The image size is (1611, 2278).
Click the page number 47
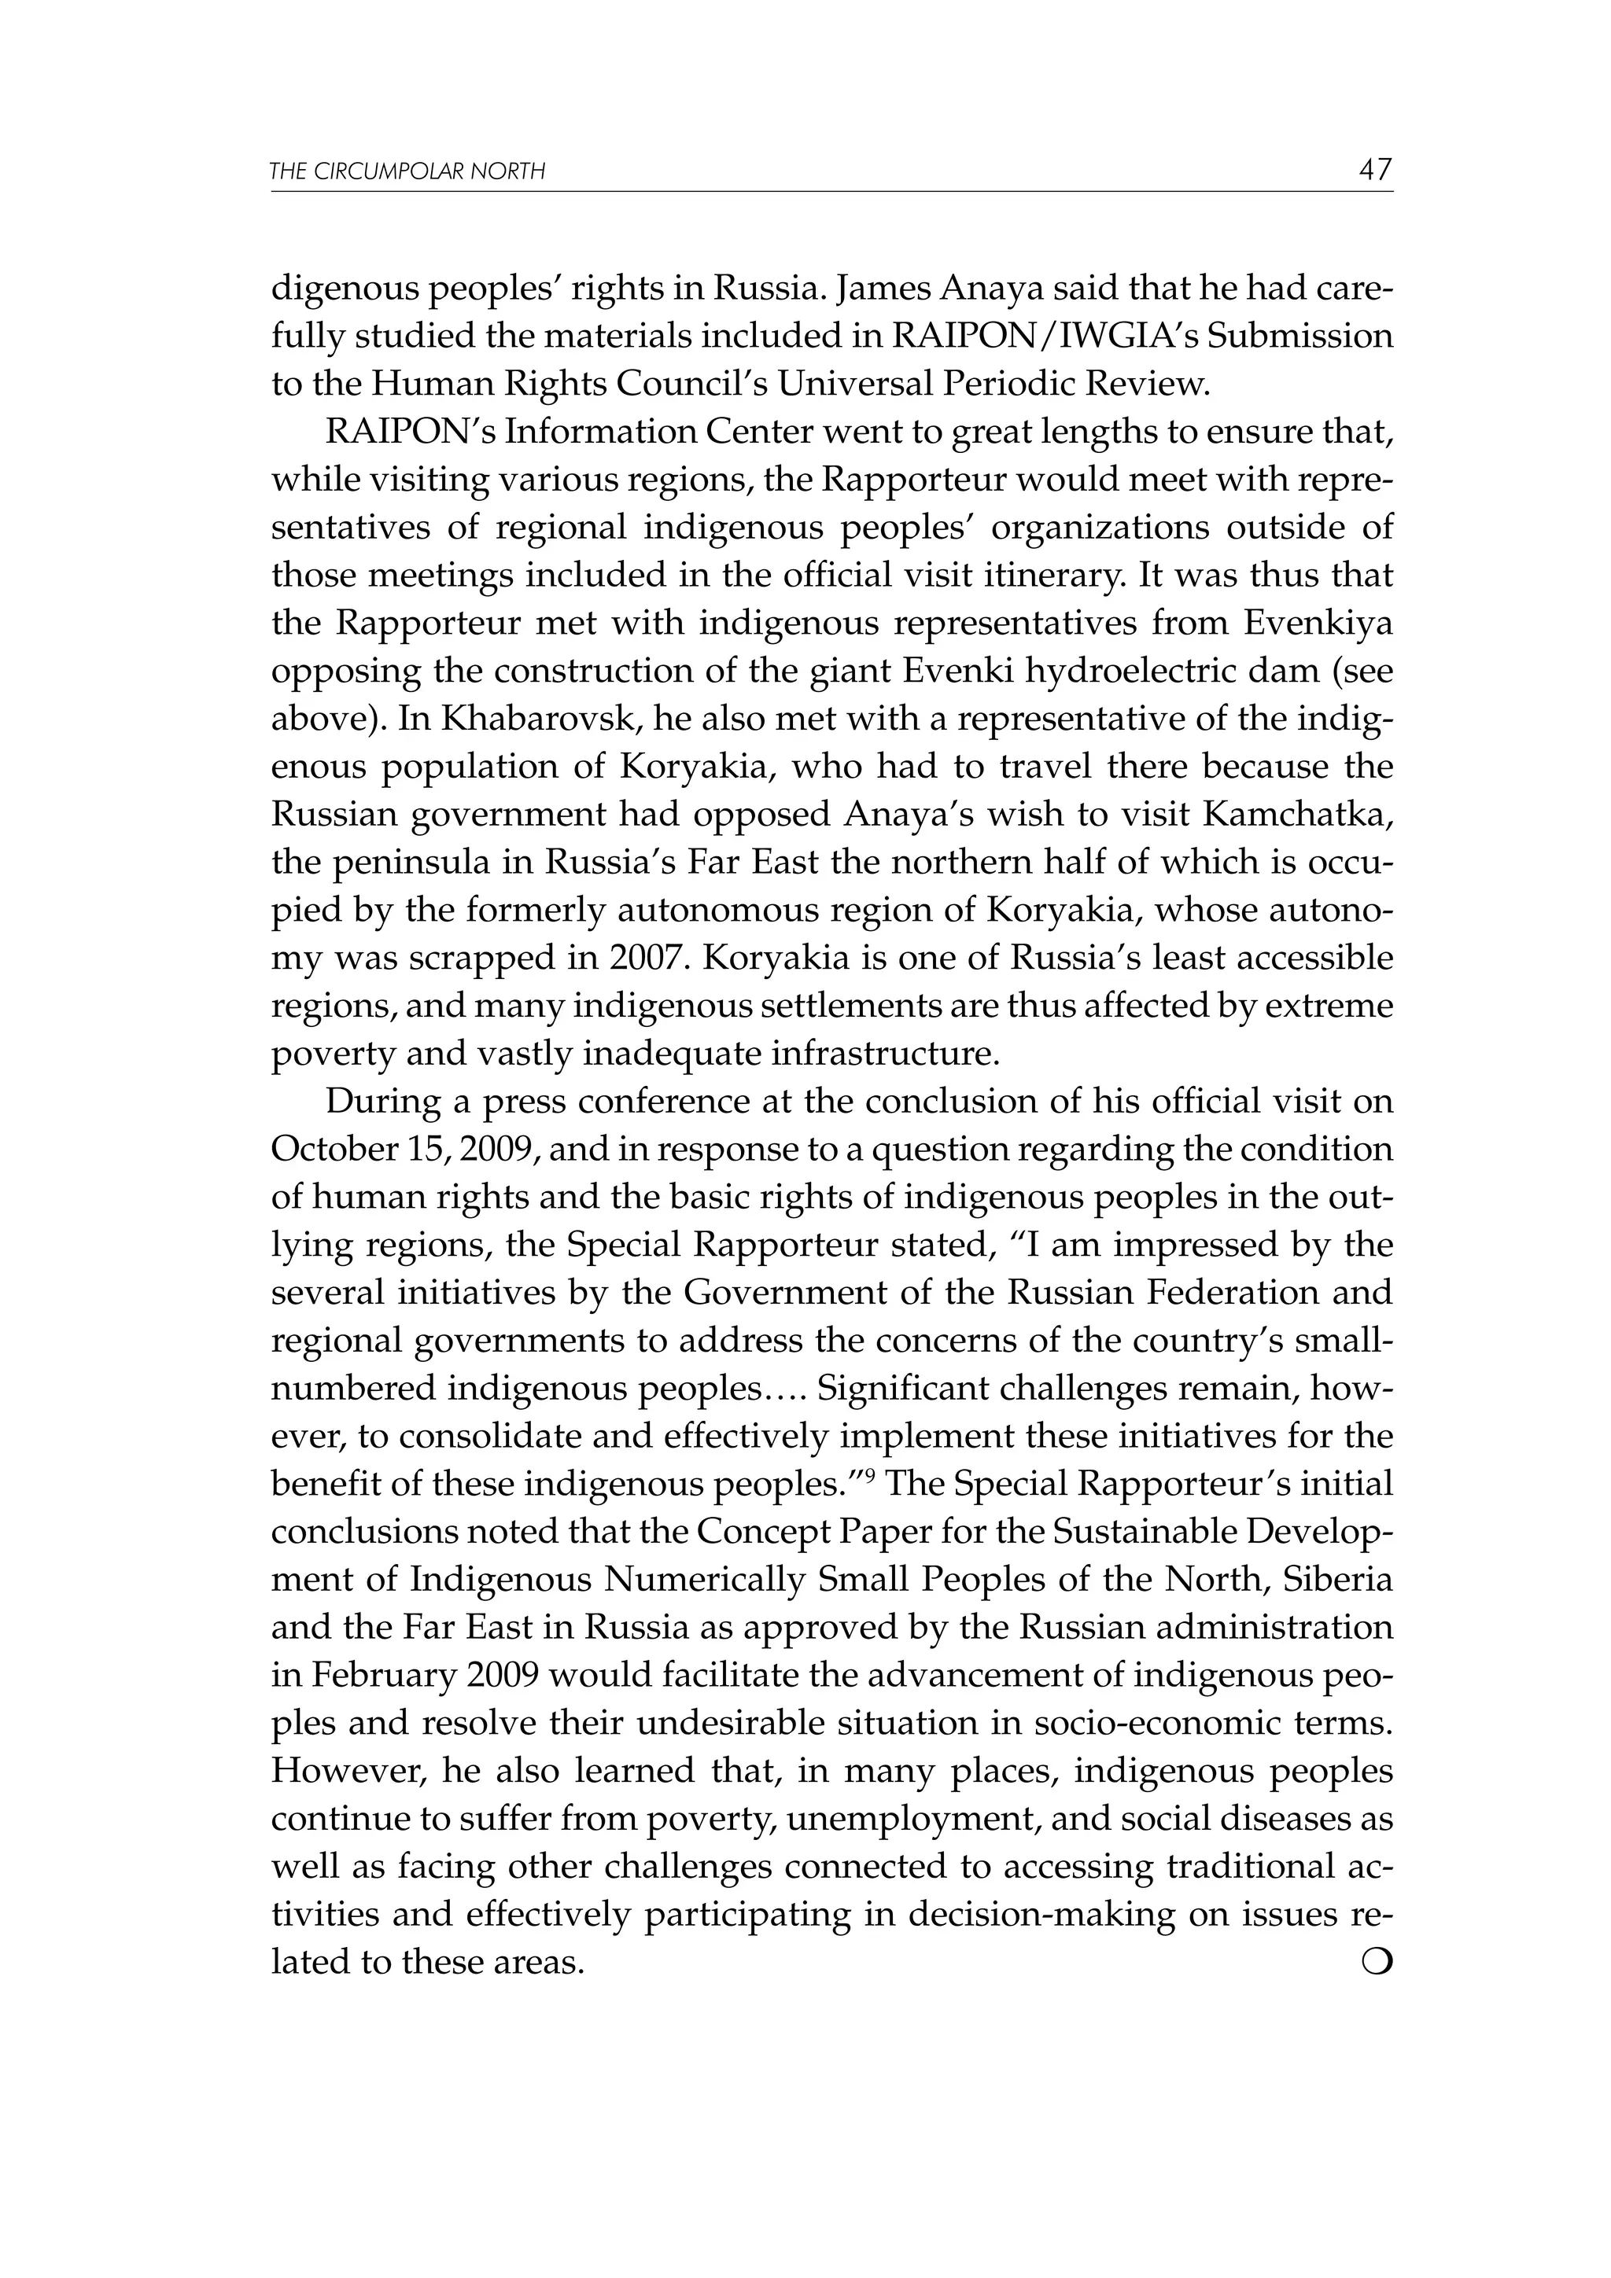coord(1375,170)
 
